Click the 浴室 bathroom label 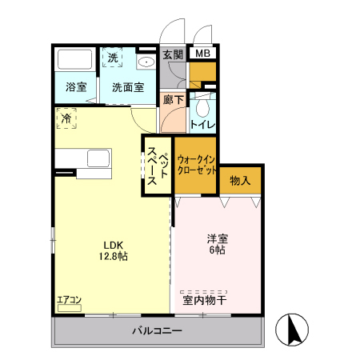76,87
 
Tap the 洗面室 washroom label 128,87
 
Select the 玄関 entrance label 173,54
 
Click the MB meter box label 203,54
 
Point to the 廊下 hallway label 173,100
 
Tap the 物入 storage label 240,181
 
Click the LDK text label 113,245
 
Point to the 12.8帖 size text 113,257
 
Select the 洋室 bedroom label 218,238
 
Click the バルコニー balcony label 157,331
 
